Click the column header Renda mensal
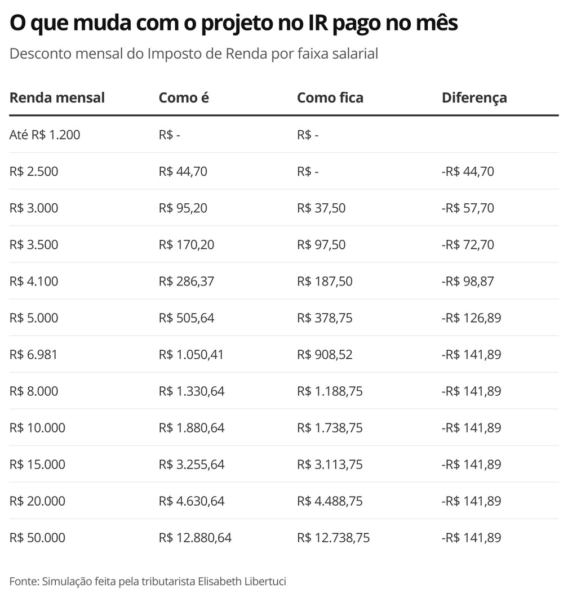tap(57, 97)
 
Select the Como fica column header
tap(330, 97)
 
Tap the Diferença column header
tap(474, 97)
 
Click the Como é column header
tap(184, 97)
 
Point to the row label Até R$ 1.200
tap(45, 135)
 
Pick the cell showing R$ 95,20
tap(183, 208)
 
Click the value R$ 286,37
tap(186, 281)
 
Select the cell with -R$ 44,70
tap(468, 171)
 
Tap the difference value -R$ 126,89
tap(471, 318)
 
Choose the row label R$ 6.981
tap(34, 354)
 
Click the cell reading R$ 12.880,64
tap(195, 537)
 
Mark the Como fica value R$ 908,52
tap(325, 354)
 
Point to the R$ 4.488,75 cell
tap(330, 501)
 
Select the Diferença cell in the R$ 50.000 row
tap(471, 537)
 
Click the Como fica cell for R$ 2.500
tap(308, 171)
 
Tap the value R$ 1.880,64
tap(192, 427)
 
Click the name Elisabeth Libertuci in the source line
tap(246, 581)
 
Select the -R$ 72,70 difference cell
tap(468, 244)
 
